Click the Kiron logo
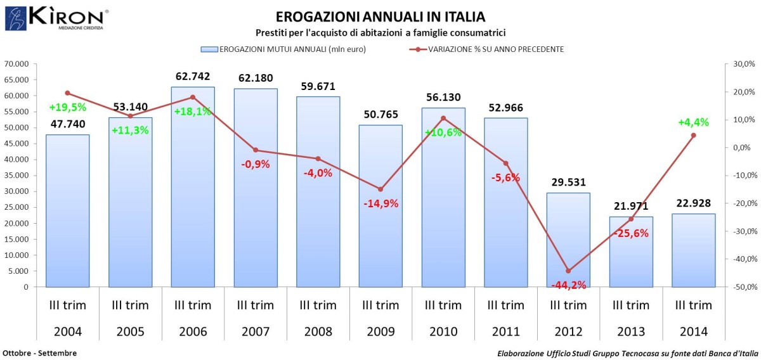tap(57, 18)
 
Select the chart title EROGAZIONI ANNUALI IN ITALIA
tap(380, 16)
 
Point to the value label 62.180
tap(256, 78)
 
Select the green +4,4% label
tap(693, 122)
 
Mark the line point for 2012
tap(568, 271)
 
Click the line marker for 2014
tap(693, 135)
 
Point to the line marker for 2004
tap(67, 93)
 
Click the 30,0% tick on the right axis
tap(743, 64)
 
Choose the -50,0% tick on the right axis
tap(741, 287)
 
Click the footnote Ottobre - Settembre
tap(39, 353)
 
